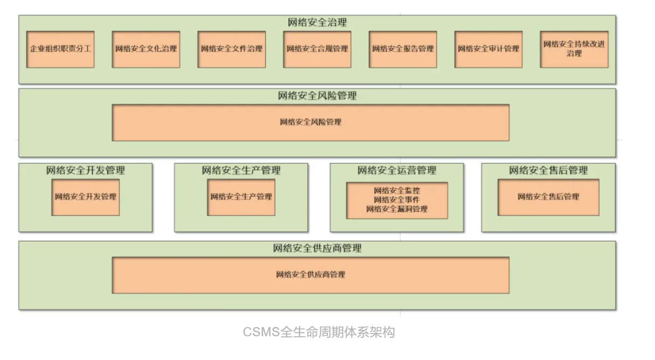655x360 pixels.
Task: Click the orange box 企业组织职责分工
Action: pos(60,49)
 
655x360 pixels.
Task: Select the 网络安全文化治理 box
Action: pos(146,49)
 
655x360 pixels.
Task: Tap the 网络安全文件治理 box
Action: pos(232,49)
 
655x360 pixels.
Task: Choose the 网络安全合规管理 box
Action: pos(318,49)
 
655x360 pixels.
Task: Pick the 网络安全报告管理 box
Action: pos(403,49)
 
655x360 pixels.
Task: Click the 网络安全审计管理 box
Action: pos(488,49)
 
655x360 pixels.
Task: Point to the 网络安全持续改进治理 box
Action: pos(574,49)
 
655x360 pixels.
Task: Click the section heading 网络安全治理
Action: pos(317,23)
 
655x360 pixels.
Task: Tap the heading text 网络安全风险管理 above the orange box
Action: pos(317,96)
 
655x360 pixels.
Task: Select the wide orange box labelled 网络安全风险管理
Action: pos(311,122)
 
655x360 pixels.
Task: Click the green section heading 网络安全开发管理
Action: pos(86,170)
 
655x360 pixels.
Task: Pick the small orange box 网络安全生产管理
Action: pos(241,197)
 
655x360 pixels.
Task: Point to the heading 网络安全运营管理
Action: pos(397,170)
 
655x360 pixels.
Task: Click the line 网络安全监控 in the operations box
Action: pos(397,190)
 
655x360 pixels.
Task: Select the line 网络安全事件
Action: pos(397,199)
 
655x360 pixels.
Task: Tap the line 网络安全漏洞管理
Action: pos(397,209)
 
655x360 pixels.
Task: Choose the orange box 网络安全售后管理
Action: pos(548,197)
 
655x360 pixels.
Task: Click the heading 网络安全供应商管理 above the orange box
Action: pos(317,248)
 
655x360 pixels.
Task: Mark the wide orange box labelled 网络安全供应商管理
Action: pos(311,275)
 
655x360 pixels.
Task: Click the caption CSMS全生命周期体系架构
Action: pos(319,332)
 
